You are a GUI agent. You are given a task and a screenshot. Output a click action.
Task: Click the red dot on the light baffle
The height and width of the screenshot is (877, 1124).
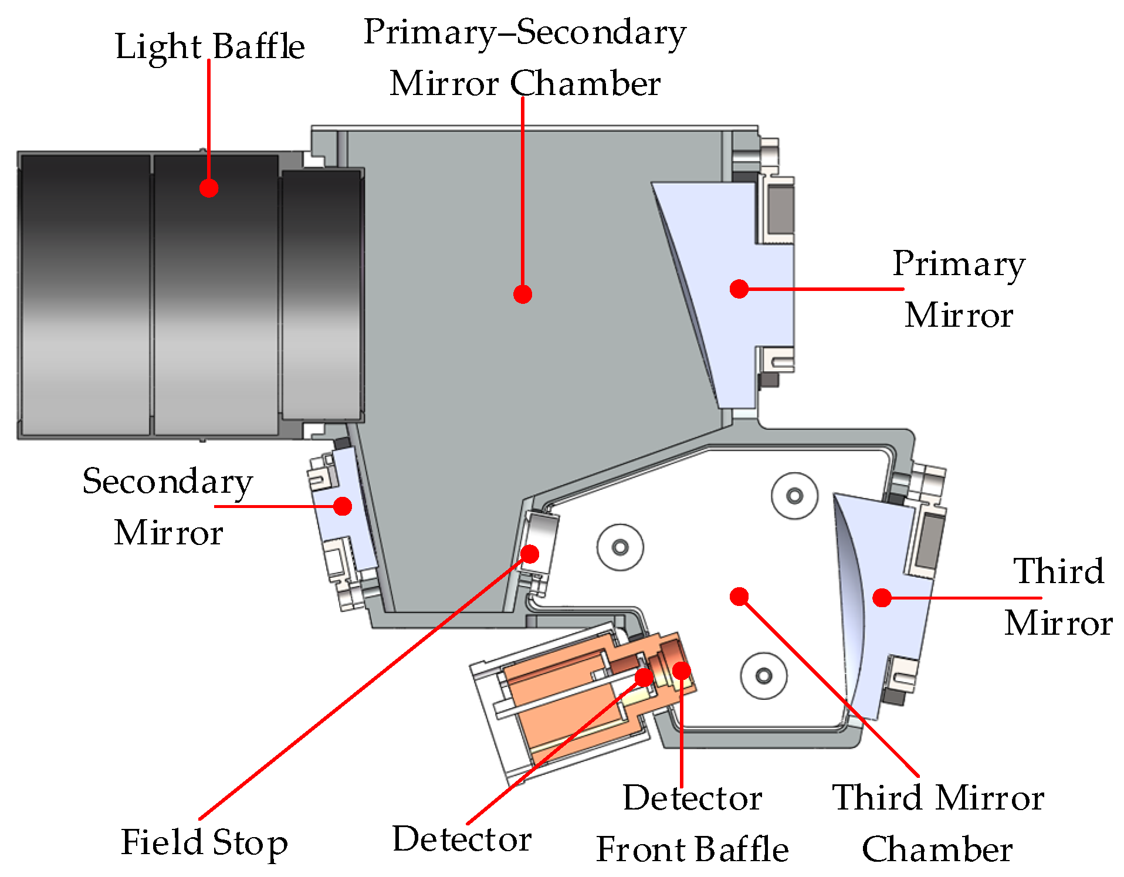click(x=208, y=188)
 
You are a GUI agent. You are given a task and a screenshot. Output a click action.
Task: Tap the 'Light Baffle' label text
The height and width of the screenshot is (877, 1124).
click(x=209, y=46)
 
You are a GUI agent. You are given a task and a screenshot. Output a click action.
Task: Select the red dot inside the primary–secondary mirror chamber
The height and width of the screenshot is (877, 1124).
click(x=522, y=293)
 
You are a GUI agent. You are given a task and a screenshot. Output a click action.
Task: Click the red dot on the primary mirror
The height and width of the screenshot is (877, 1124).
click(x=739, y=288)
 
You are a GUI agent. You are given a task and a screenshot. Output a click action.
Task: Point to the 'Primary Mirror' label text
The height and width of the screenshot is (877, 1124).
click(x=959, y=289)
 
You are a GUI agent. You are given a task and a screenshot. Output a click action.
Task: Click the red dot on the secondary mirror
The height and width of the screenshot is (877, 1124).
click(x=343, y=506)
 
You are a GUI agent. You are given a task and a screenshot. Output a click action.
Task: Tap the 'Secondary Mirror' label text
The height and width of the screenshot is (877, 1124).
click(x=168, y=506)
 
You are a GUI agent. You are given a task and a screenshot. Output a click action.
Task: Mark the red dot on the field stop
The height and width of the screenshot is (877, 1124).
click(x=530, y=553)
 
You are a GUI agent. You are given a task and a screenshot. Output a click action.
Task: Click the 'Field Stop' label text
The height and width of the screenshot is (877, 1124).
click(x=204, y=842)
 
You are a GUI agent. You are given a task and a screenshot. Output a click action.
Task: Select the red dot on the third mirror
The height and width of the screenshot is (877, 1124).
click(x=882, y=597)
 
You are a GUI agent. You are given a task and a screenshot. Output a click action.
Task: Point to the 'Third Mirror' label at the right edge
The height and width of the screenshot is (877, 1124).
click(x=1058, y=597)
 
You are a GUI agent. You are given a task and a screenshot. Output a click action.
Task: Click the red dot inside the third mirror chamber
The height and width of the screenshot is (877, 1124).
click(x=739, y=596)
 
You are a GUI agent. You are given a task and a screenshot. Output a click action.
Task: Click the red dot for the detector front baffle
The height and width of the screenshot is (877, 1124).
click(x=681, y=670)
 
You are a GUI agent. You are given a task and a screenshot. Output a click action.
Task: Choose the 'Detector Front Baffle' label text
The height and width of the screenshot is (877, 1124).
click(x=692, y=823)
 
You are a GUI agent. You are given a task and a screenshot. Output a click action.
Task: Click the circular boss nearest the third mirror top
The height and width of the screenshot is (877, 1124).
click(x=794, y=496)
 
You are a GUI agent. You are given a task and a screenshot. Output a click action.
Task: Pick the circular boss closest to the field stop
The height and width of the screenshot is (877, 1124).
click(x=620, y=547)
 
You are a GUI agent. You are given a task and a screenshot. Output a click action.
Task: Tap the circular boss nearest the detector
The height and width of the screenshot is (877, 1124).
click(x=763, y=675)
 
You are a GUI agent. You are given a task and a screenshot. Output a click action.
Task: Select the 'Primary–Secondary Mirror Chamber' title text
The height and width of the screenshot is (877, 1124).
click(x=524, y=57)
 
